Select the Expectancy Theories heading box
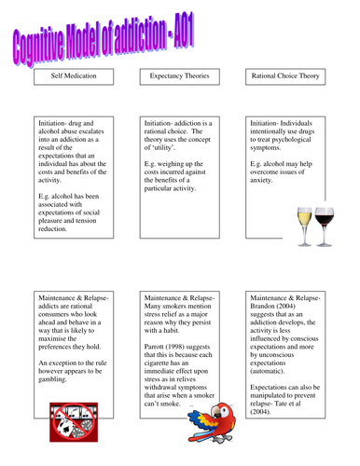[180, 81]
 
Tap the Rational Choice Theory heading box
[286, 81]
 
